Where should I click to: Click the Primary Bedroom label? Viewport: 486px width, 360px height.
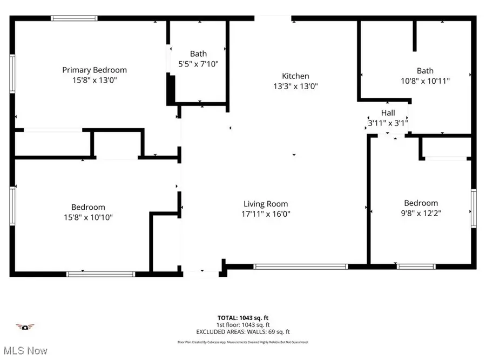pos(94,70)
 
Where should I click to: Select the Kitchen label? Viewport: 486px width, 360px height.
pos(295,76)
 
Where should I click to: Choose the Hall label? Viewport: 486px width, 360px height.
pos(388,113)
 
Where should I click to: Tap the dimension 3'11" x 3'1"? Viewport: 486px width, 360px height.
pos(388,123)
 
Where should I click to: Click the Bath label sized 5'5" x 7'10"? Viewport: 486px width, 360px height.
pos(198,54)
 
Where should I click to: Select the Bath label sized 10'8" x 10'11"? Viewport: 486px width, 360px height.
pos(425,71)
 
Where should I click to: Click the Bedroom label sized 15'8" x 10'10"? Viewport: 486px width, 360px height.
pos(88,207)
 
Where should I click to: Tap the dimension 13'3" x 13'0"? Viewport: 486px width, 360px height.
pos(295,86)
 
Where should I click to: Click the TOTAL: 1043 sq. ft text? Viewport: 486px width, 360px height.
pos(242,317)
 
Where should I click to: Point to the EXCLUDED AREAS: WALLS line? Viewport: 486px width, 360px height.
pos(242,331)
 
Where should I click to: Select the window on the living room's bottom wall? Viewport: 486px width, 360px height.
pos(300,266)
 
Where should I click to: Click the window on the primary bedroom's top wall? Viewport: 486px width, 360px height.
pos(74,18)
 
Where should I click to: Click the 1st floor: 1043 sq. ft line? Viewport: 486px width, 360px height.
pos(242,324)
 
